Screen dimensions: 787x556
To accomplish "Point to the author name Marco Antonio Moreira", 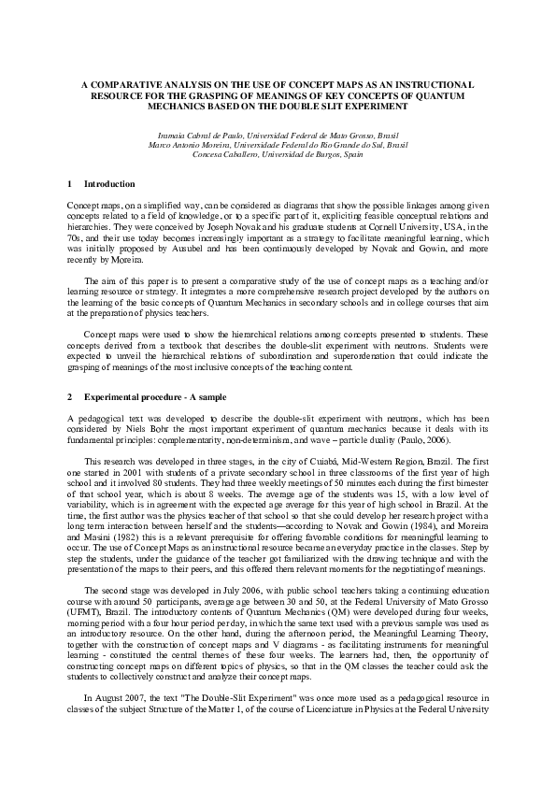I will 192,145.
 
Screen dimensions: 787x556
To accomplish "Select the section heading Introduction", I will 109,184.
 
